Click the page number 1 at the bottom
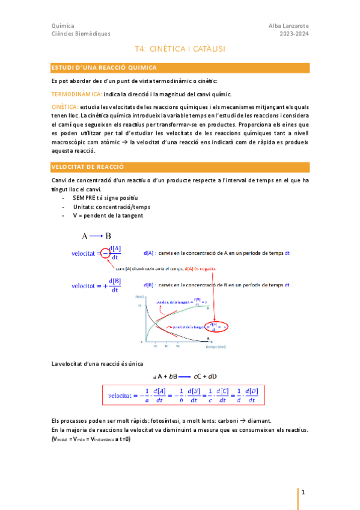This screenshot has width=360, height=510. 304,493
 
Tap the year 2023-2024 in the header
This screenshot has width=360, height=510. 294,34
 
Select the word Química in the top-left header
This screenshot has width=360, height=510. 63,26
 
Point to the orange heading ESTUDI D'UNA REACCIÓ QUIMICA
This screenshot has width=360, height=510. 104,68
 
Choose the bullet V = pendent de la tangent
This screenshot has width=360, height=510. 108,215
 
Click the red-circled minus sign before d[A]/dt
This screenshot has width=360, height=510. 105,253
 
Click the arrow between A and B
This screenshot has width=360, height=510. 96,236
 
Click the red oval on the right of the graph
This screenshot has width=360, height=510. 220,327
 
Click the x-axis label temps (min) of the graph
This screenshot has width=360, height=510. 215,347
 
